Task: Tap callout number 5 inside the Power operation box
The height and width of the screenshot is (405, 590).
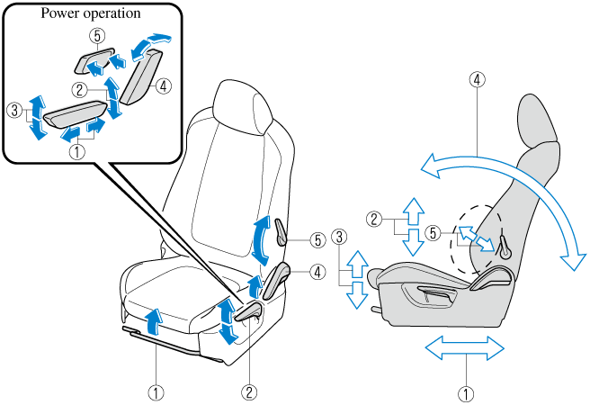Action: tap(97, 37)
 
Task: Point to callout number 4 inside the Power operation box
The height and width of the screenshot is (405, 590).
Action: tap(163, 87)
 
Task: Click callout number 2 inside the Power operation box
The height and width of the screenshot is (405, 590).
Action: tap(80, 89)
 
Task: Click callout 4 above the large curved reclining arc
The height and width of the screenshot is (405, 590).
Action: tap(478, 80)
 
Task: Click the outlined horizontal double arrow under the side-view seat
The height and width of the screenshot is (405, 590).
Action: tap(465, 346)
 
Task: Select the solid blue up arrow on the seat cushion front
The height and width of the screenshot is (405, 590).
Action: tap(155, 319)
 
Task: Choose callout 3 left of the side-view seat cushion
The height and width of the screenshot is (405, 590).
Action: tap(338, 237)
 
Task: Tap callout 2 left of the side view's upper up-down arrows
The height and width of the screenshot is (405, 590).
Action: tap(377, 218)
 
